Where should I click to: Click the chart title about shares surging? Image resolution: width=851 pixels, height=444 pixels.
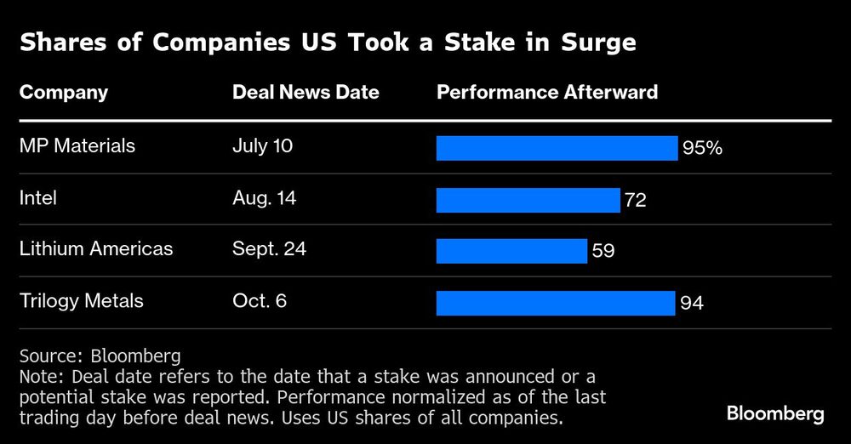click(x=328, y=43)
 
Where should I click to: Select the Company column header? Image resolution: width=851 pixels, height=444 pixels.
click(x=64, y=92)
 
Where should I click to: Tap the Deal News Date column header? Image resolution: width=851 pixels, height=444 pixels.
click(x=306, y=92)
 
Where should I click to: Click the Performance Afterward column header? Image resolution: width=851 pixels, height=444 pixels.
click(x=547, y=92)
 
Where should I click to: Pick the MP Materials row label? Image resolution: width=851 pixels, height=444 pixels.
click(x=77, y=146)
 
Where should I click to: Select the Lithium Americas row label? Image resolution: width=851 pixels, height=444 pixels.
click(x=96, y=249)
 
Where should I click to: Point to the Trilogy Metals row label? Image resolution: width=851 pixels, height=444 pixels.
click(x=82, y=301)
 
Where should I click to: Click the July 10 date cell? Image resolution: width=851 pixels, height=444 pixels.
click(x=262, y=146)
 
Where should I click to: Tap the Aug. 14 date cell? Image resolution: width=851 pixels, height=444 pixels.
click(x=266, y=198)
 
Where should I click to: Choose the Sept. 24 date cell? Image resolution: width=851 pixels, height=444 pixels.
click(x=269, y=249)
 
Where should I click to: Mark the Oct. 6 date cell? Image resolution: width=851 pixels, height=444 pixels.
click(x=260, y=301)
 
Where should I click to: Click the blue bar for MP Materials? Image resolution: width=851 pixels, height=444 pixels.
click(x=557, y=148)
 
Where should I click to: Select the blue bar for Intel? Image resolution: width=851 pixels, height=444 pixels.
click(x=528, y=200)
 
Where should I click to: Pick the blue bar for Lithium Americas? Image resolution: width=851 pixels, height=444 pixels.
click(x=511, y=251)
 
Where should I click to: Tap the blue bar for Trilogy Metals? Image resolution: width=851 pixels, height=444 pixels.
click(x=556, y=303)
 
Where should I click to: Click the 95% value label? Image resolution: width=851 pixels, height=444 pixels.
click(x=702, y=149)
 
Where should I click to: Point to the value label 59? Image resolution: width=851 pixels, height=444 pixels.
click(x=603, y=252)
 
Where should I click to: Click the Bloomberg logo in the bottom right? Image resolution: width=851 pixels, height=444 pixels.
click(x=775, y=414)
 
